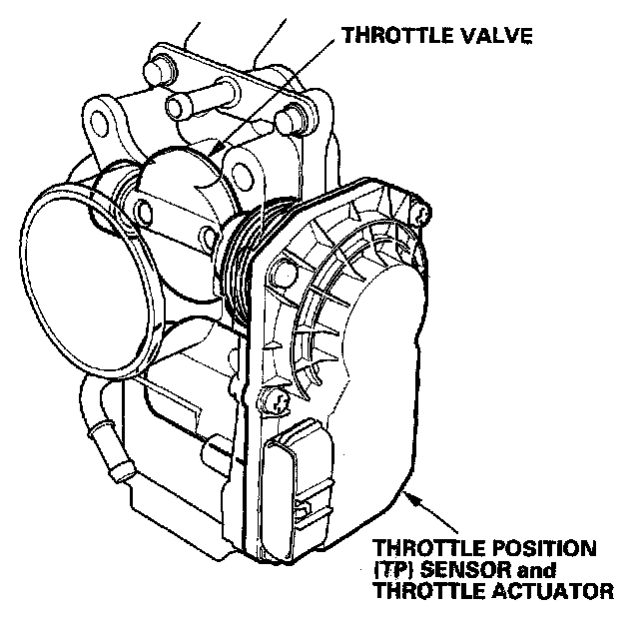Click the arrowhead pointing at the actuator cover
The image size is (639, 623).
click(x=409, y=492)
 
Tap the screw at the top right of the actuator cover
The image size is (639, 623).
click(x=425, y=212)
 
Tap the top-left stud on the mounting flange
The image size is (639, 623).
click(x=160, y=71)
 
